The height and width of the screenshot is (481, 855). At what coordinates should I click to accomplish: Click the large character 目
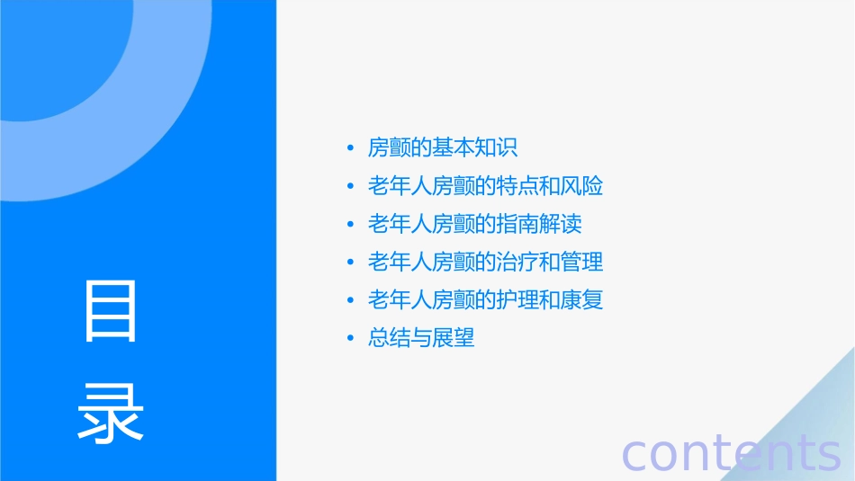point(111,311)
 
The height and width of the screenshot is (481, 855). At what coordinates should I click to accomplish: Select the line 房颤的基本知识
point(443,148)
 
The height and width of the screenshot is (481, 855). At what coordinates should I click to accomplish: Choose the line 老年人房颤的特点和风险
point(485,186)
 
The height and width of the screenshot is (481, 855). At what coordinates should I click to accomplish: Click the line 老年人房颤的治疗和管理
point(485,262)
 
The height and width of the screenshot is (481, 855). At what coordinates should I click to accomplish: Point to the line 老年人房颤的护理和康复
point(485,299)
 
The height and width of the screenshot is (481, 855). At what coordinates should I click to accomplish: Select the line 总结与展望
point(421,338)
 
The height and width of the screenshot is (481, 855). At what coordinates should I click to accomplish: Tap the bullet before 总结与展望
point(351,339)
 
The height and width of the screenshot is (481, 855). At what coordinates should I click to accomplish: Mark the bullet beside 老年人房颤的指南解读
point(351,225)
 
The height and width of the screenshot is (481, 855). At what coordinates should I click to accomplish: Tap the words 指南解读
point(550,224)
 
